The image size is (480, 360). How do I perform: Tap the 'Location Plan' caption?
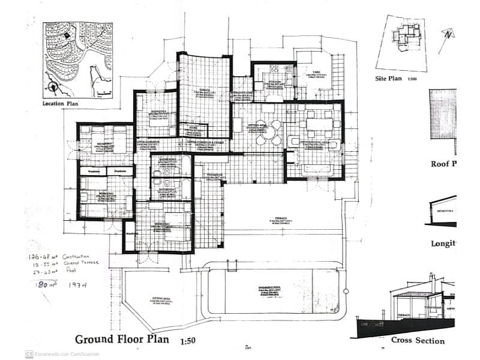(x=61, y=103)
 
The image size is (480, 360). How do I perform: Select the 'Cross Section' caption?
(x=418, y=341)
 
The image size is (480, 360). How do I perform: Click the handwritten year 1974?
(x=77, y=285)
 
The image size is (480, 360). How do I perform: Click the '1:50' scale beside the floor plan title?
(x=188, y=341)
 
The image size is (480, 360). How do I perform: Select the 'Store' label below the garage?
(x=193, y=127)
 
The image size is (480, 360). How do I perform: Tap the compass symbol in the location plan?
(x=53, y=86)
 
